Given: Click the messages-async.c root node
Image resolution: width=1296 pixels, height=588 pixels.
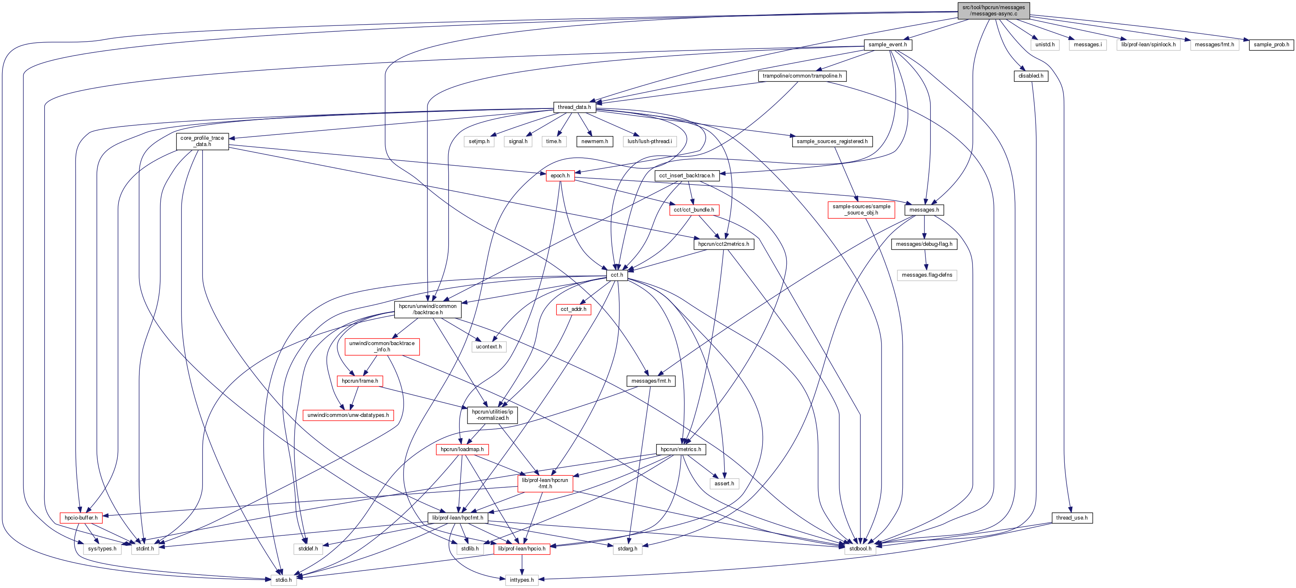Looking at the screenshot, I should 993,10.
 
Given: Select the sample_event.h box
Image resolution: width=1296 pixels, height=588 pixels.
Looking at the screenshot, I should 887,45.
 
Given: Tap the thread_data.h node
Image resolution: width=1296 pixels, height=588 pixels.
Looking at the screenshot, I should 574,107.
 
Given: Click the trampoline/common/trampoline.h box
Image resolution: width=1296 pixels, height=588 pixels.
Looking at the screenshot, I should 802,76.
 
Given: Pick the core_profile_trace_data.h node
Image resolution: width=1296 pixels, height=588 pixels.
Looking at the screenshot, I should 202,141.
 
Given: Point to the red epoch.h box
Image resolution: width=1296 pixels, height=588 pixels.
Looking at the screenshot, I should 560,176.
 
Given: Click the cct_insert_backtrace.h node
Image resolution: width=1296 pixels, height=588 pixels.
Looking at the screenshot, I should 686,176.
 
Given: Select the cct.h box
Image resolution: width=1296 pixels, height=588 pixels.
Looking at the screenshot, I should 616,275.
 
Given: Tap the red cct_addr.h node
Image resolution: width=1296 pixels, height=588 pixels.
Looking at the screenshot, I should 573,309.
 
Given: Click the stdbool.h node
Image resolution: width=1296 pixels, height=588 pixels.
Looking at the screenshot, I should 860,549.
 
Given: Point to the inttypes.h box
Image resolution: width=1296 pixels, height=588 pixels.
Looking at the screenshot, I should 521,580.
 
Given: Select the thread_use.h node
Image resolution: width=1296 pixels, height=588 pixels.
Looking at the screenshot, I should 1071,518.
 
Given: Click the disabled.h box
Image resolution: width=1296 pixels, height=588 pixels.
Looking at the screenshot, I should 1031,76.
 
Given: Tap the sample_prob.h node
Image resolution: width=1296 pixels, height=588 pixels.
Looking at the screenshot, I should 1271,45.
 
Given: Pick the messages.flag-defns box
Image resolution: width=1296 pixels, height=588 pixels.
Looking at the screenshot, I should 927,275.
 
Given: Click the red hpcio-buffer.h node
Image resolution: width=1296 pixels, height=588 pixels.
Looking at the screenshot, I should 81,518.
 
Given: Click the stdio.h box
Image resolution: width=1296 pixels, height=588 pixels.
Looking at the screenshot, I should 283,580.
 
